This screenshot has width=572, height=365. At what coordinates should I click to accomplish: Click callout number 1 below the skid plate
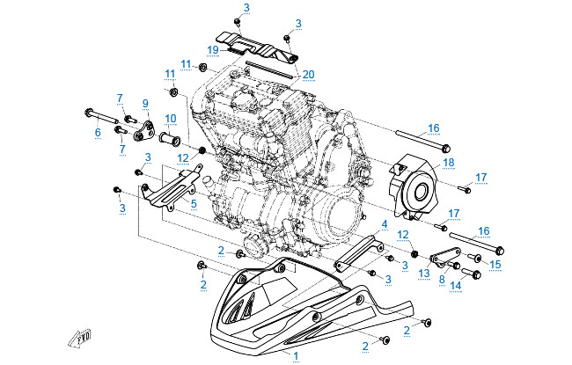click(297, 355)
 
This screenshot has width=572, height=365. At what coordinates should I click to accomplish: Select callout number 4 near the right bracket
click(384, 226)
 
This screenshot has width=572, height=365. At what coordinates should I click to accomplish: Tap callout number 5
click(193, 204)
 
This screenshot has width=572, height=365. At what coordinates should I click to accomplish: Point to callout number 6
click(99, 133)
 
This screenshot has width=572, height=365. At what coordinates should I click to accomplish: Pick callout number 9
click(145, 104)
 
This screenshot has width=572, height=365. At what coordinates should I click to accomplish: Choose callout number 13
click(425, 274)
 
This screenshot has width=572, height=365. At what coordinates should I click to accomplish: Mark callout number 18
click(448, 163)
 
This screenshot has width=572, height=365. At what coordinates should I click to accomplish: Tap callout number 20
click(308, 75)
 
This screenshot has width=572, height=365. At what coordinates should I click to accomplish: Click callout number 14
click(455, 286)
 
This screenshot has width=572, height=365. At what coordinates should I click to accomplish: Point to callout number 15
click(495, 264)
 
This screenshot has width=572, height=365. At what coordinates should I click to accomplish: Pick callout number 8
click(442, 280)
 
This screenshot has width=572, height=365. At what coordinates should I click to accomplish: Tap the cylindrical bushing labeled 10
click(170, 139)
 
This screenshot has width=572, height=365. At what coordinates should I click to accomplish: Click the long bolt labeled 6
click(106, 115)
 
